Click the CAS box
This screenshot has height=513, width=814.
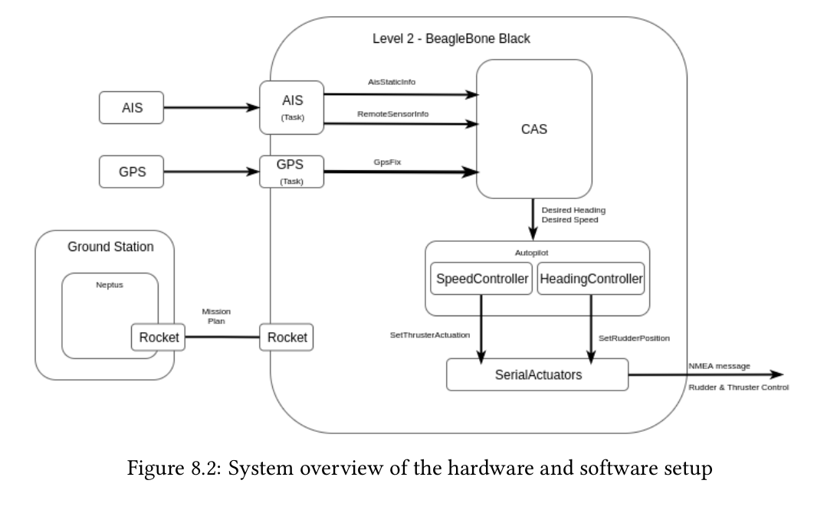click(533, 130)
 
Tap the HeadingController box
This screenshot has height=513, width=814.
click(591, 280)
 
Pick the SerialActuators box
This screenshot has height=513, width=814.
click(537, 376)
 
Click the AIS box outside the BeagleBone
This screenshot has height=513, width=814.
click(133, 108)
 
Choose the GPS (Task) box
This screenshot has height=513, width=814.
click(291, 172)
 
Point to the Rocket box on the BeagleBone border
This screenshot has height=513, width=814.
click(287, 337)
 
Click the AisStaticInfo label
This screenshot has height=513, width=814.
click(392, 81)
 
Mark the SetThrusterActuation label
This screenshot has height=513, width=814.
click(430, 335)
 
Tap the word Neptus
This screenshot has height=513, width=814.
click(110, 284)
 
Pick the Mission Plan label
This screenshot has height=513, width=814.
click(216, 317)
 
